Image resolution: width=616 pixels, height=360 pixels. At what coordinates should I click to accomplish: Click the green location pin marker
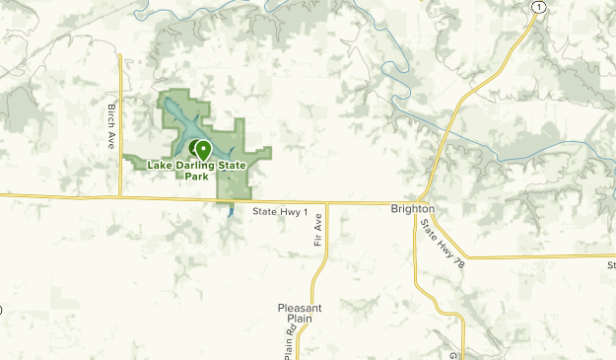pos(203,150)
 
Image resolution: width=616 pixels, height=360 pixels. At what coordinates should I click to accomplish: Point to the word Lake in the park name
pos(160,166)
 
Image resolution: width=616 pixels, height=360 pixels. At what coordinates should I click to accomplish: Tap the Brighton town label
pos(412,210)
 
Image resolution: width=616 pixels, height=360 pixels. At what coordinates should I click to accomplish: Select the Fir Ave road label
pos(319,242)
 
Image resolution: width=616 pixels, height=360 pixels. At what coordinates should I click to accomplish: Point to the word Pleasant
pos(300,308)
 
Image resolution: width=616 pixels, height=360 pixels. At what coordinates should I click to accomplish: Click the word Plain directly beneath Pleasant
pos(300,320)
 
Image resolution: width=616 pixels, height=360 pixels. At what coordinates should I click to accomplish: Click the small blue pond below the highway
pos(231,209)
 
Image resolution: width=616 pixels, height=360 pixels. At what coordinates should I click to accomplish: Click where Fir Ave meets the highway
pos(326,204)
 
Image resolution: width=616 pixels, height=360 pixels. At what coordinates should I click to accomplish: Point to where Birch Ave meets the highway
pos(120,197)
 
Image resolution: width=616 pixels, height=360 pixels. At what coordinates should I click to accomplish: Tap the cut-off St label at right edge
pos(611,264)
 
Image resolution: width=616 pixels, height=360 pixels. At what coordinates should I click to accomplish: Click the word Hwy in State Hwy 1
pos(288,212)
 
